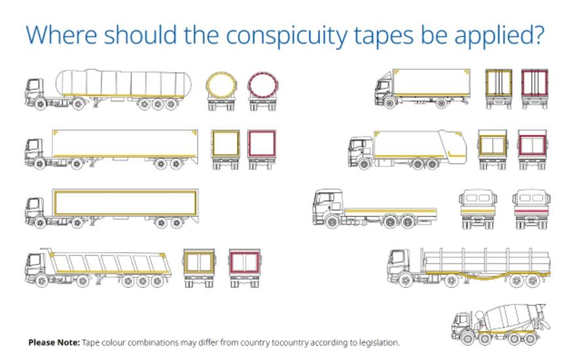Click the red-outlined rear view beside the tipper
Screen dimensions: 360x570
coord(244,266)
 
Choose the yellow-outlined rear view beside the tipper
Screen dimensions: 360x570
coord(199,266)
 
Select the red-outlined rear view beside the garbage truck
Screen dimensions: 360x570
coord(532,148)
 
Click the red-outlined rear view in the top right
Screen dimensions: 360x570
coord(534,88)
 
